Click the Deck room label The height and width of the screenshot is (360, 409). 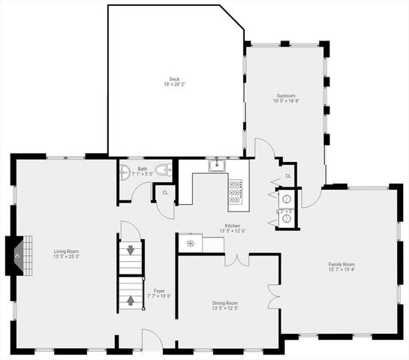click(174, 79)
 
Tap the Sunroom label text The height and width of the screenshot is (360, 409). click(285, 95)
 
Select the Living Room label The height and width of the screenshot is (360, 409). click(66, 251)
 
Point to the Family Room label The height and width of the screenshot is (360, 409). click(341, 264)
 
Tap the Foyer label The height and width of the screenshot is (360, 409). click(160, 290)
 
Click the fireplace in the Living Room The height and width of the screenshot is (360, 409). click(19, 254)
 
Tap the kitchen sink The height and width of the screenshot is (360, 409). click(218, 166)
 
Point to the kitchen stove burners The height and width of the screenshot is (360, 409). click(235, 193)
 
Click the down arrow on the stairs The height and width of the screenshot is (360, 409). click(131, 250)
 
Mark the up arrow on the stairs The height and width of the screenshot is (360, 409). click(131, 300)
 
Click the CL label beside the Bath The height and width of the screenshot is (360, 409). click(165, 193)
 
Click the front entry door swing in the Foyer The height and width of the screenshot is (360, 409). click(152, 339)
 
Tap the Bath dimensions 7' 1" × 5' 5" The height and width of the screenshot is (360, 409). click(143, 174)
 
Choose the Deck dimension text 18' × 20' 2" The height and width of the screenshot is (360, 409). click(174, 84)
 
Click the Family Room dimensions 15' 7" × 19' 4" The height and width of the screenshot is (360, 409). click(341, 270)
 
